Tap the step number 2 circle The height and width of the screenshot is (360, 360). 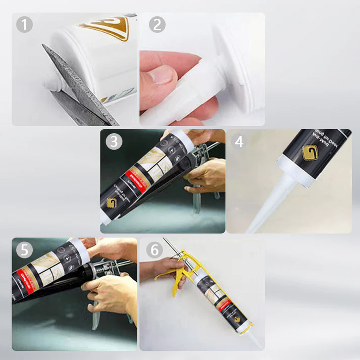(157, 24)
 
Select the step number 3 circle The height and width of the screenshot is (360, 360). (114, 141)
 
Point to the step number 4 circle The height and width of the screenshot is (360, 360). (239, 141)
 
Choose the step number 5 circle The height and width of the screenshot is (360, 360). (24, 250)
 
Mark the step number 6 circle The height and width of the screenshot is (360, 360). (155, 250)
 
